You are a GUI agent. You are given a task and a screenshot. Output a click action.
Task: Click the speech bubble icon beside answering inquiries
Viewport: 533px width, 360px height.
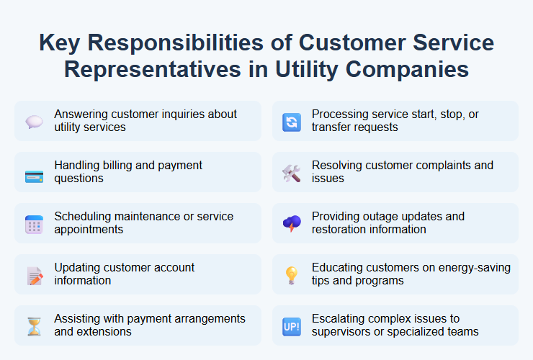35,122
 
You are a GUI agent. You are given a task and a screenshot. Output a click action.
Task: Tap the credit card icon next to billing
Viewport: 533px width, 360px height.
35,173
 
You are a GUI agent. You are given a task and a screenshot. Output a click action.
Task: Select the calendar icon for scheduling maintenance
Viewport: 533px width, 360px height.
35,224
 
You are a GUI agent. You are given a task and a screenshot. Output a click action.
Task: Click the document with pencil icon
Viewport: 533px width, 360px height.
35,275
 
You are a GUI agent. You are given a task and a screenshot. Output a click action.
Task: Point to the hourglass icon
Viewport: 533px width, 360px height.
35,326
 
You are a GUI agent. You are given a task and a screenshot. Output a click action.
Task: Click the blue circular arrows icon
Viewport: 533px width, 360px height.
292,122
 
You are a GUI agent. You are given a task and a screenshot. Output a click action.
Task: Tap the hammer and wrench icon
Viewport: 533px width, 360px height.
292,173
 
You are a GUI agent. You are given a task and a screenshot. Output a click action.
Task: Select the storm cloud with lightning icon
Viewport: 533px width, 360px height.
292,224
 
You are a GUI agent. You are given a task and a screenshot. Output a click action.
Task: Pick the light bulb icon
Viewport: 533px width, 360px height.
292,275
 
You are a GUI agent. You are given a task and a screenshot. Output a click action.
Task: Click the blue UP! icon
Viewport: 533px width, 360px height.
292,326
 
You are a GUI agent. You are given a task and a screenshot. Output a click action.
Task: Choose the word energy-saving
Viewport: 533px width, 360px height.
475,268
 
